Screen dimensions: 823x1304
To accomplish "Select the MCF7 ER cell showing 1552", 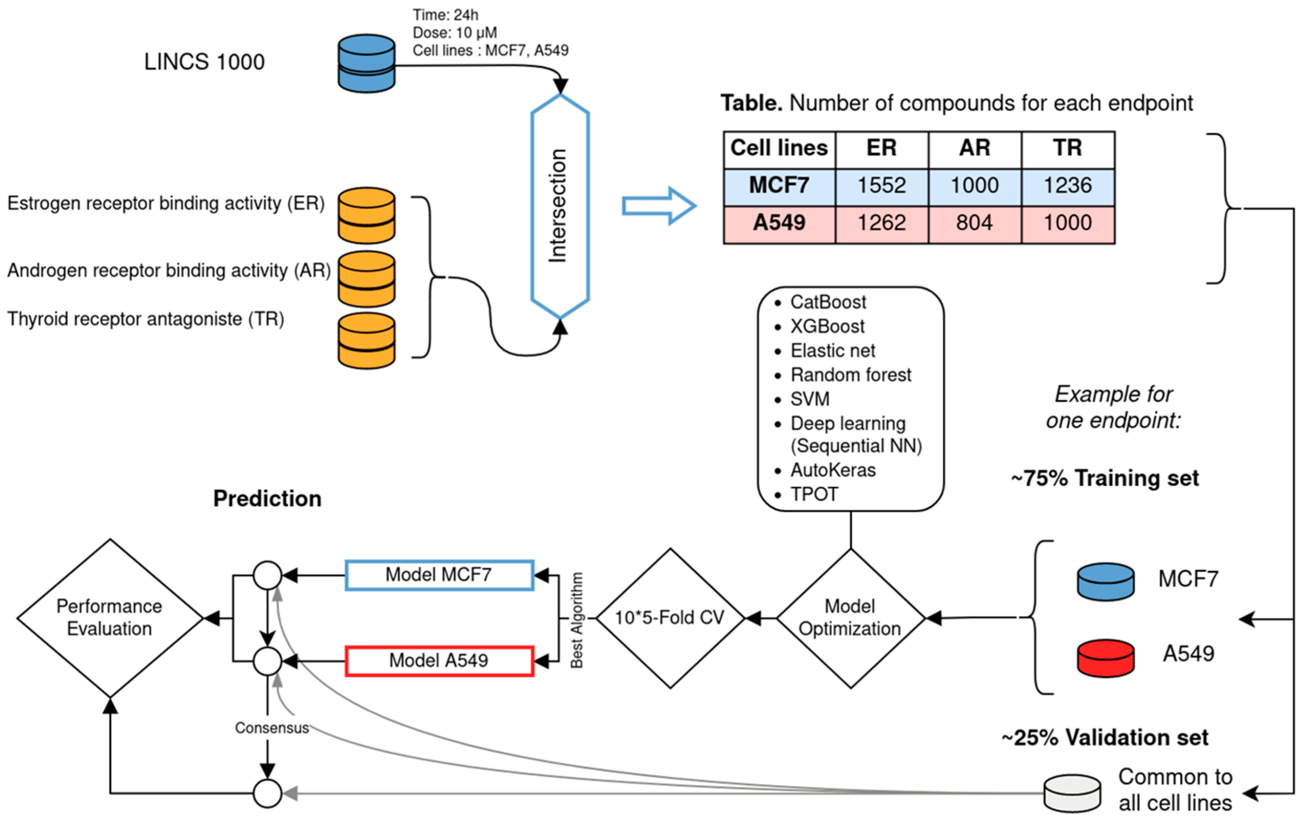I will [882, 186].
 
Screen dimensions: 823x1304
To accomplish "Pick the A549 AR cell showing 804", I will [974, 223].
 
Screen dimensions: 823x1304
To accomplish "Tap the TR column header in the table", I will [1067, 148].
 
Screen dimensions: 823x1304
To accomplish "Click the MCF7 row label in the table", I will [779, 186].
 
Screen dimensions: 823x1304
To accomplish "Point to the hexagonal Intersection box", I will [559, 206].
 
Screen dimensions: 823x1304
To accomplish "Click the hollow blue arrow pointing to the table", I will [658, 206].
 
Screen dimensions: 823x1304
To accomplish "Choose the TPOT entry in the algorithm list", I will [814, 494].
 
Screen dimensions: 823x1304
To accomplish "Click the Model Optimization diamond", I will [850, 618].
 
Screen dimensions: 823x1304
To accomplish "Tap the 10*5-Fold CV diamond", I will [670, 618].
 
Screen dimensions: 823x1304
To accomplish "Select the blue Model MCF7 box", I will [439, 575].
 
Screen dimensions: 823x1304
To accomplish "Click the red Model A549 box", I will [439, 661].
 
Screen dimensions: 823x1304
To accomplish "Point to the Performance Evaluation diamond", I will [110, 618].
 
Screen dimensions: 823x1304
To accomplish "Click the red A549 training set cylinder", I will [1105, 658].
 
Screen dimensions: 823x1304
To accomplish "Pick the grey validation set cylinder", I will [1072, 793].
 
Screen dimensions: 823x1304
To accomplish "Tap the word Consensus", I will [272, 728].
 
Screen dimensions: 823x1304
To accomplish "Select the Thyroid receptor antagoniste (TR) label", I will [146, 319].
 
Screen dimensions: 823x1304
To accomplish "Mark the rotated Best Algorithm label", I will [577, 620].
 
